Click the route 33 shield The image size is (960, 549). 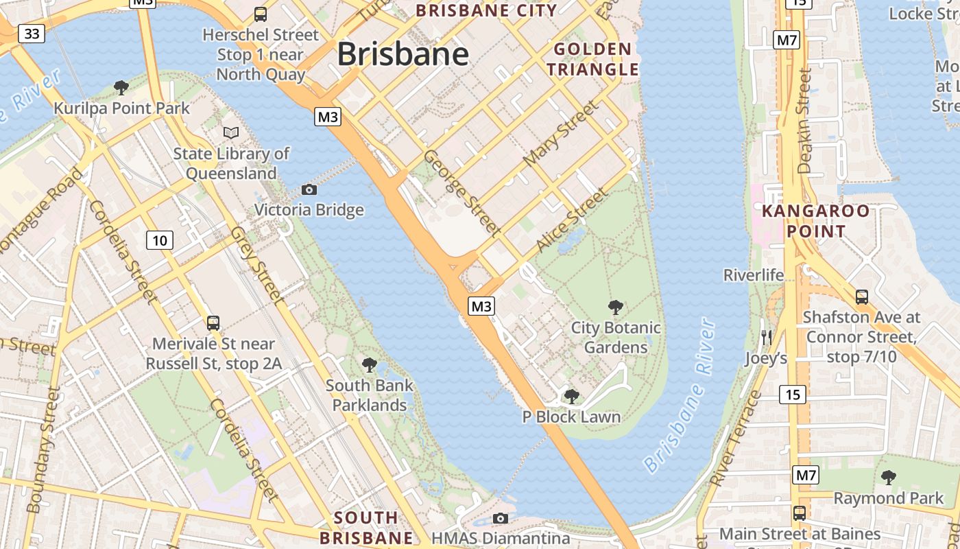[32, 34]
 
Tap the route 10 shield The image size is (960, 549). [159, 240]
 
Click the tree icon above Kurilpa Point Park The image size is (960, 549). [121, 87]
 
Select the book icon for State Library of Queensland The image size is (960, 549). [231, 132]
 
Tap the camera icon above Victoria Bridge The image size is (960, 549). [309, 189]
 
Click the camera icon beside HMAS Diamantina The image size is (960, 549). [501, 518]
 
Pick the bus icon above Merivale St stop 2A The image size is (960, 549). [213, 323]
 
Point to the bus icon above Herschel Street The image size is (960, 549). [261, 14]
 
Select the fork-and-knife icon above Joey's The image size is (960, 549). [767, 337]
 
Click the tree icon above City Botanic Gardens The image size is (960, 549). [616, 307]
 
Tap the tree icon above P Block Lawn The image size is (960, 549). [571, 396]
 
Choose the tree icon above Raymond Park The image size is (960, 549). [888, 477]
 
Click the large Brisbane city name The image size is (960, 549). [403, 54]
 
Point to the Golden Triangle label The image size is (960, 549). [592, 59]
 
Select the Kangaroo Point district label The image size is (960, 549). [816, 220]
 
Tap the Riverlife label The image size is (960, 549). [753, 275]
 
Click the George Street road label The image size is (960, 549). [461, 192]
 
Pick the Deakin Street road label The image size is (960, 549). [804, 120]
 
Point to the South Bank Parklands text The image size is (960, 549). [369, 395]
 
